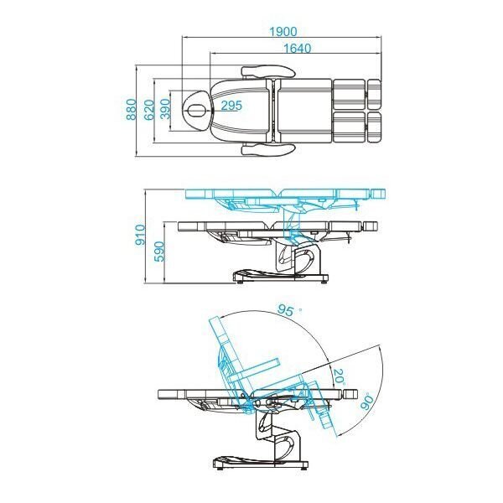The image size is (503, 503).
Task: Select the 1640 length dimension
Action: pyautogui.click(x=297, y=49)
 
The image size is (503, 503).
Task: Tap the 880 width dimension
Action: pyautogui.click(x=132, y=110)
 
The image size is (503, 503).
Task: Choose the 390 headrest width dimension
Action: pyautogui.click(x=164, y=109)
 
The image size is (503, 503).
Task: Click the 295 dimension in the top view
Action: pyautogui.click(x=231, y=105)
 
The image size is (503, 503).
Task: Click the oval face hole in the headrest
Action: pyautogui.click(x=198, y=109)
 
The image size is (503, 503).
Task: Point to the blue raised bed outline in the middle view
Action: pyautogui.click(x=285, y=195)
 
